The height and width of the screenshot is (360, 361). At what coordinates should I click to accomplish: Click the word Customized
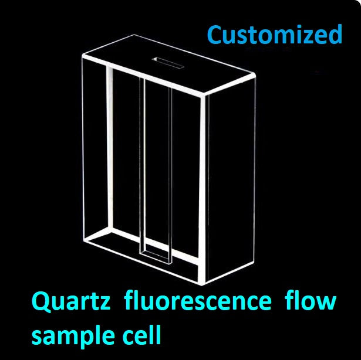pyautogui.click(x=274, y=35)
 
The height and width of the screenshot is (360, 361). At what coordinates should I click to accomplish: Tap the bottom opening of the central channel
pyautogui.click(x=156, y=256)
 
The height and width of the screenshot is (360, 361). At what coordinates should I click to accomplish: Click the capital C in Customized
pyautogui.click(x=217, y=35)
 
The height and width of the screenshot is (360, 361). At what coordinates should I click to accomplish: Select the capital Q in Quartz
pyautogui.click(x=42, y=303)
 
